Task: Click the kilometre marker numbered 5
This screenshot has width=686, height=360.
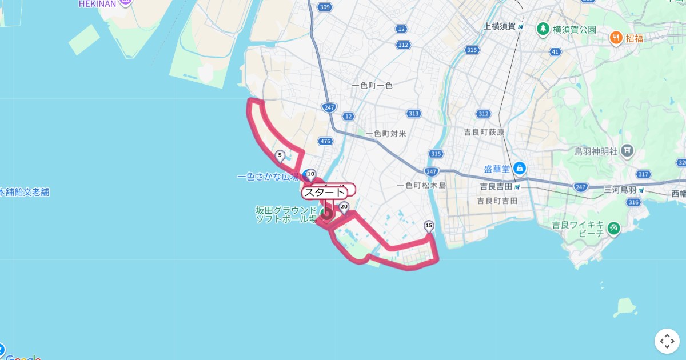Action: click(x=280, y=155)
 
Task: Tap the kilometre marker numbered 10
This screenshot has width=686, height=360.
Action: click(x=310, y=173)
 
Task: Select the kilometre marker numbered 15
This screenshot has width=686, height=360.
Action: click(x=429, y=226)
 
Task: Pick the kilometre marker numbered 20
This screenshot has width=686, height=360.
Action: click(x=344, y=207)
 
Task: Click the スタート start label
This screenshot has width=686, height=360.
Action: click(x=324, y=193)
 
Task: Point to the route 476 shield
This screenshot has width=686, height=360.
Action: click(x=325, y=141)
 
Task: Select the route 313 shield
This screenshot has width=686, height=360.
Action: click(x=413, y=114)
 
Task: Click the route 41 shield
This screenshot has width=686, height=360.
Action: click(x=555, y=52)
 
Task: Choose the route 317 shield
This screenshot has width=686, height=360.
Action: click(x=643, y=174)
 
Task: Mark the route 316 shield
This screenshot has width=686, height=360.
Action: click(x=632, y=202)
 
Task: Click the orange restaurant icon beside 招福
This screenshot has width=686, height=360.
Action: click(x=616, y=38)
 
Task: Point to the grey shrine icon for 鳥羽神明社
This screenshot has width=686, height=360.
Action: click(x=628, y=151)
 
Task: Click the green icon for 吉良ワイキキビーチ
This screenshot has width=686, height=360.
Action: click(x=613, y=228)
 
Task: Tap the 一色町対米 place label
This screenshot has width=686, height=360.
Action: click(x=386, y=134)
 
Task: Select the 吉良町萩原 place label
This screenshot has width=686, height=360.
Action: click(x=484, y=132)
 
